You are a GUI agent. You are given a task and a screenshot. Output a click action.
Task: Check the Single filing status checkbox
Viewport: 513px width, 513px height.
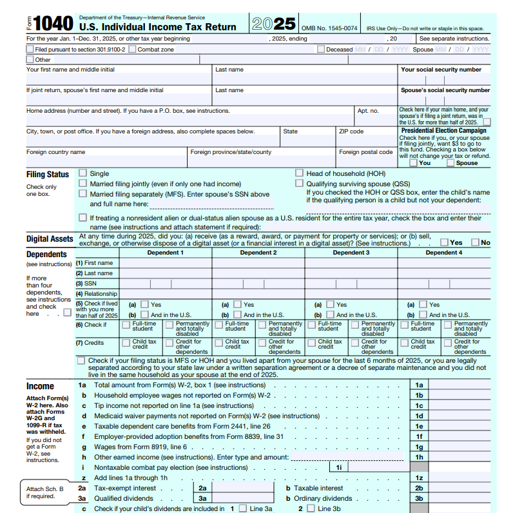(82, 173)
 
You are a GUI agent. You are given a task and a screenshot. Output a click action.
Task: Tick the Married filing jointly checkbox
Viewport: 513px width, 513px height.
(82, 184)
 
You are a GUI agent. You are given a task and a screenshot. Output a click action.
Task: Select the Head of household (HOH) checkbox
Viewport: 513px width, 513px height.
(300, 173)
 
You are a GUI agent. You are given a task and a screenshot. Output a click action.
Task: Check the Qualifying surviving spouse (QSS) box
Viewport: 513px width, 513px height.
(300, 184)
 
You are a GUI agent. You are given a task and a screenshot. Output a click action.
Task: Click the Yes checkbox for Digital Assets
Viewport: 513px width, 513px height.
(445, 242)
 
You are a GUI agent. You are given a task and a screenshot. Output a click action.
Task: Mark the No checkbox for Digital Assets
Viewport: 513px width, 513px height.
(476, 242)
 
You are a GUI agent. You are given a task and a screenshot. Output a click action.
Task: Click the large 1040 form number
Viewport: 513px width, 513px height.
(53, 24)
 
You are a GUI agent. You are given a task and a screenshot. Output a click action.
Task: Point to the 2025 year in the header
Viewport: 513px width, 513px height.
(273, 24)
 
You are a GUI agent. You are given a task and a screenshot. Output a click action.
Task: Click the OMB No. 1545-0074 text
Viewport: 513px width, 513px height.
(329, 28)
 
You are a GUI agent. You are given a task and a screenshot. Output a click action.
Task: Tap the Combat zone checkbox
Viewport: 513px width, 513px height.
(132, 49)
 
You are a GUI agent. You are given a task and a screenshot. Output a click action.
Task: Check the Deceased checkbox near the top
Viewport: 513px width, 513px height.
(320, 49)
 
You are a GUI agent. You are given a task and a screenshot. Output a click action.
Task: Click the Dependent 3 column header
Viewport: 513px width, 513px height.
(351, 253)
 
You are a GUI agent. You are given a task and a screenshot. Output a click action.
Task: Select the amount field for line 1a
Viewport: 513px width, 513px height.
(461, 385)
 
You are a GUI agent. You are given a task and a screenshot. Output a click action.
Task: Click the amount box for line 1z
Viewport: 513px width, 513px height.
(461, 478)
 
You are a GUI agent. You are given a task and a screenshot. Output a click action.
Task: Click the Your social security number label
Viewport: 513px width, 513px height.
(441, 70)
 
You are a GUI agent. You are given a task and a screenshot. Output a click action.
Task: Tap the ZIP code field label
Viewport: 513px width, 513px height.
(351, 131)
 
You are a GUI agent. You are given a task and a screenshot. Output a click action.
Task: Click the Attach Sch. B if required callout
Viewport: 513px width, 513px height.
(44, 492)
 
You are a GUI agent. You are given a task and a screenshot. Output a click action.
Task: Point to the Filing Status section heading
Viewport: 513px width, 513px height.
(48, 175)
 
